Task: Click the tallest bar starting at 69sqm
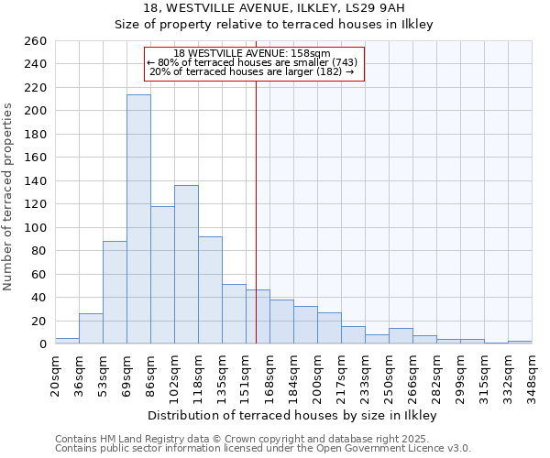pyautogui.click(x=138, y=220)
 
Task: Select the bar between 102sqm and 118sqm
pyautogui.click(x=186, y=265)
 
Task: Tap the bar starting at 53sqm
pyautogui.click(x=115, y=292)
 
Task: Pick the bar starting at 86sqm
pyautogui.click(x=162, y=275)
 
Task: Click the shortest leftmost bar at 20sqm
pyautogui.click(x=67, y=341)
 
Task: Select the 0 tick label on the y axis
pyautogui.click(x=42, y=344)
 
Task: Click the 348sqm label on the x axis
pyautogui.click(x=532, y=375)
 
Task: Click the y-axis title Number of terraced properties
pyautogui.click(x=8, y=197)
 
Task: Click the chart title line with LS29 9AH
pyautogui.click(x=273, y=8)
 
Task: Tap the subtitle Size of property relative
pyautogui.click(x=273, y=25)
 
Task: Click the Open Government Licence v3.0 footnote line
pyautogui.click(x=263, y=448)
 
